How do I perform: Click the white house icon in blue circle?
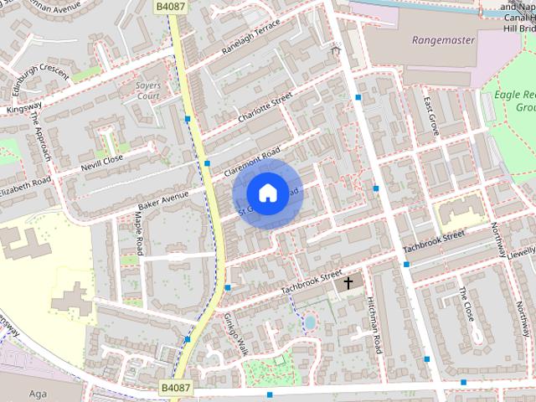(267, 193)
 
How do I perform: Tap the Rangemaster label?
(443, 40)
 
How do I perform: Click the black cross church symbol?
(347, 283)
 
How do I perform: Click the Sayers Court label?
(147, 90)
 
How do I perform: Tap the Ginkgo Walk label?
(235, 333)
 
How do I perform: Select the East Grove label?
(432, 116)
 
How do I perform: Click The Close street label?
(466, 304)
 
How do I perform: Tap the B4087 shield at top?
(170, 6)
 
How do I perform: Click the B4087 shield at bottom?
(175, 389)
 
